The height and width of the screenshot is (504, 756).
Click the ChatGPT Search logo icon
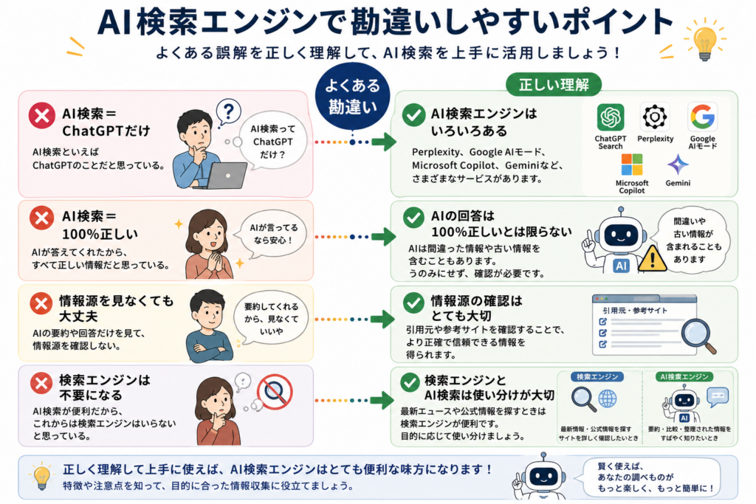tap(611, 117)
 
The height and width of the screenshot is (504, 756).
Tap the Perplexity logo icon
tap(655, 117)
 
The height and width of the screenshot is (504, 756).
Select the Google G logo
tap(703, 117)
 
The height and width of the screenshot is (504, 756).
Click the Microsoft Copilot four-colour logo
tap(632, 165)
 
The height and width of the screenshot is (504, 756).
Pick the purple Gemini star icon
tap(678, 165)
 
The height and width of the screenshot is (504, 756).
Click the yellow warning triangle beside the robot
tap(653, 258)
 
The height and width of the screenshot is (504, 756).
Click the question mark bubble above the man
tap(229, 112)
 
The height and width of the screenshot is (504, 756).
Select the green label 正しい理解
tap(554, 85)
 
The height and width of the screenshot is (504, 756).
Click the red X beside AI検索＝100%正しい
tap(41, 218)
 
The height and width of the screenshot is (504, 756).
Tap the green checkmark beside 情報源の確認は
tap(413, 302)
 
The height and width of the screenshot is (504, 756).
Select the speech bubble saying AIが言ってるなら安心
tap(273, 234)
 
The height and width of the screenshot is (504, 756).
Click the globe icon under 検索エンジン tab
tap(607, 399)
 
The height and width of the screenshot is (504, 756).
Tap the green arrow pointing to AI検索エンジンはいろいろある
tap(384, 142)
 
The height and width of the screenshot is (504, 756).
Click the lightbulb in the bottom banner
tap(42, 476)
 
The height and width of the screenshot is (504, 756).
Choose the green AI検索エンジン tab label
tap(684, 377)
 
